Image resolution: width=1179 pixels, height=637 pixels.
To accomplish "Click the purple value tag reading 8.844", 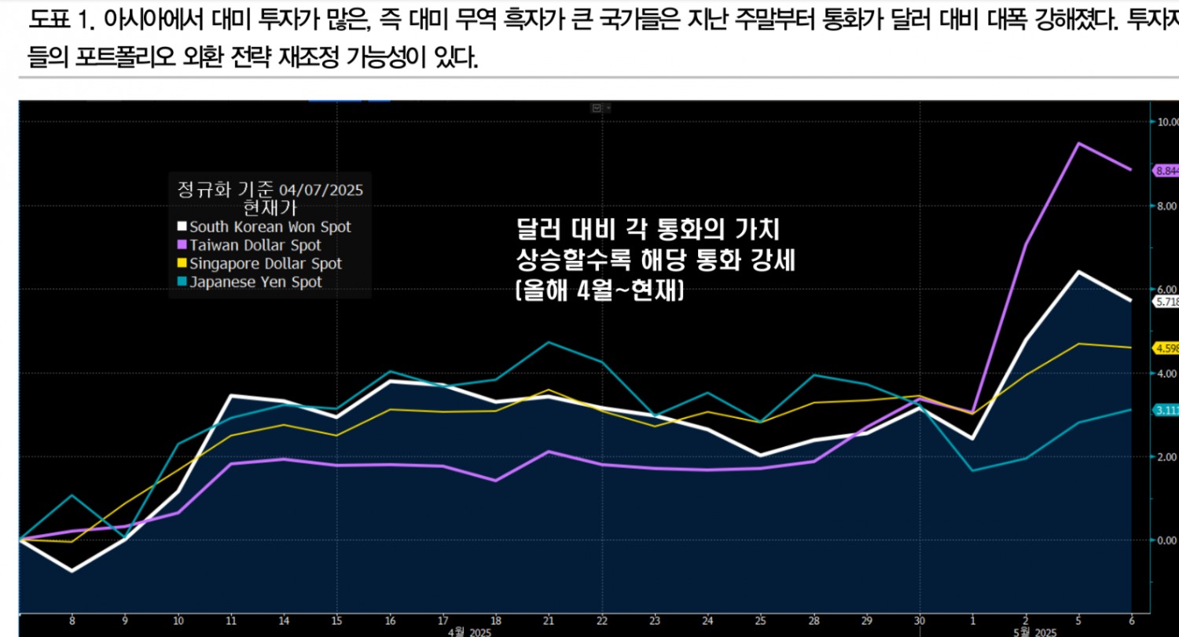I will [x=1166, y=170].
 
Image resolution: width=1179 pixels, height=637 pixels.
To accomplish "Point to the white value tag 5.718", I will [x=1166, y=302].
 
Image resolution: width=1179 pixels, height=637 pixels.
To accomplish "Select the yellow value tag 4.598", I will [x=1166, y=347].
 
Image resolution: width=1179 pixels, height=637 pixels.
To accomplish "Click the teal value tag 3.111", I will [x=1166, y=410].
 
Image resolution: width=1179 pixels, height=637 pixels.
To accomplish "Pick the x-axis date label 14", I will [x=284, y=621].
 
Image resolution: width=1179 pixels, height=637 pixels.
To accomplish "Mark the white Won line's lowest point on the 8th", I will [x=72, y=571].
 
